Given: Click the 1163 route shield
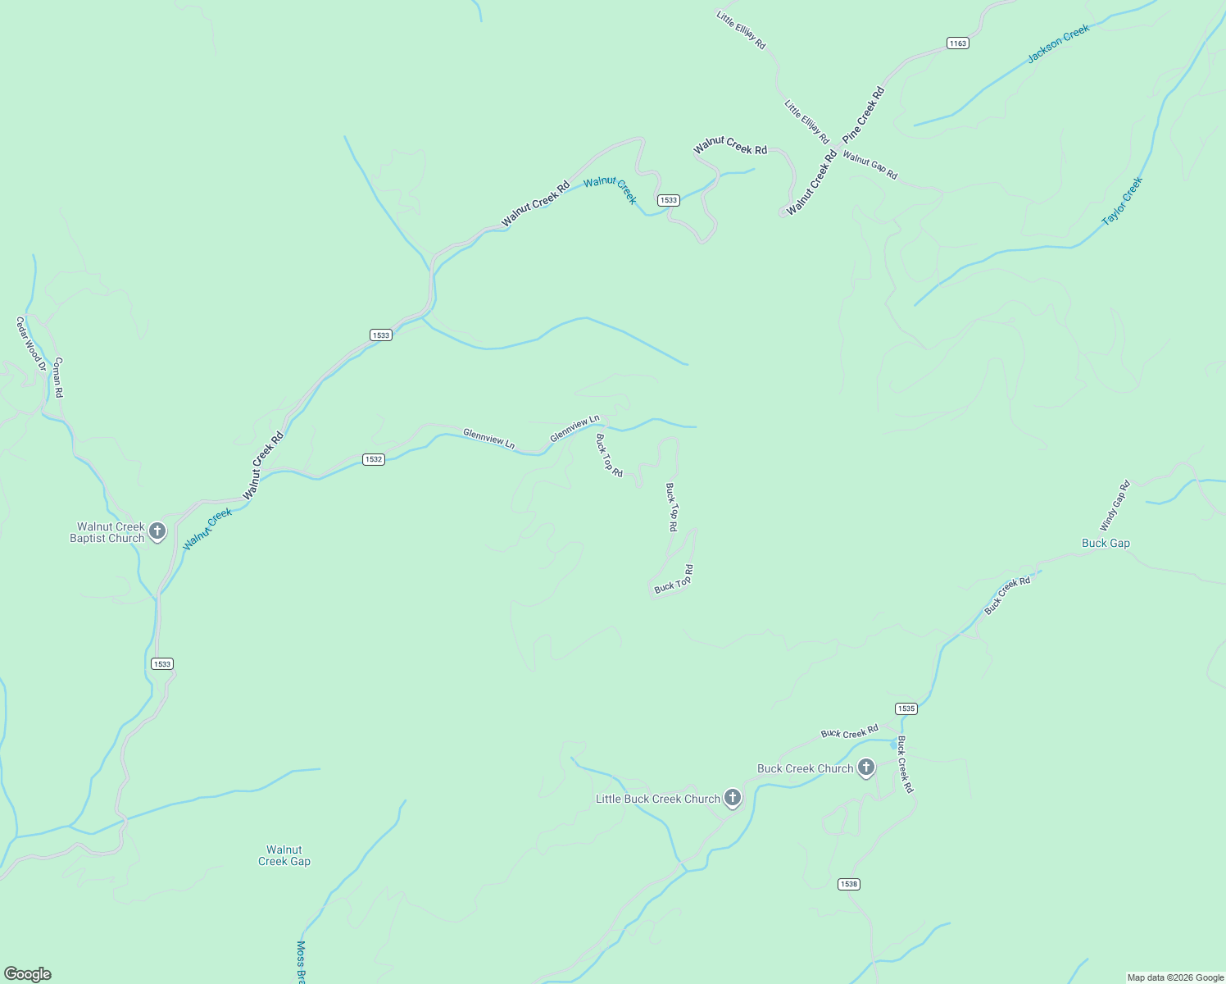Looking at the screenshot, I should click(x=957, y=43).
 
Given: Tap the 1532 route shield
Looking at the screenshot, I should click(x=373, y=459).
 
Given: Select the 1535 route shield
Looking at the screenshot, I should click(x=906, y=708).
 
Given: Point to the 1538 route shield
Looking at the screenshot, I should click(x=848, y=884).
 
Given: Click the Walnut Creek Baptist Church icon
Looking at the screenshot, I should click(x=157, y=531).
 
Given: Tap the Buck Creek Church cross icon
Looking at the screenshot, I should click(x=866, y=768).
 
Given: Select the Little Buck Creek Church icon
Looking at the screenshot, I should click(x=733, y=798).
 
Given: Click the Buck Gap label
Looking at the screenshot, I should click(x=1106, y=543).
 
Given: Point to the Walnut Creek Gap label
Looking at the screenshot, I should click(x=284, y=855).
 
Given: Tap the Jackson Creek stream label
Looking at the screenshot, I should click(x=1059, y=43).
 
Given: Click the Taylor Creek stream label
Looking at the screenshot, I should click(x=1122, y=202).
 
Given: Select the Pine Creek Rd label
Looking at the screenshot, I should click(x=864, y=115).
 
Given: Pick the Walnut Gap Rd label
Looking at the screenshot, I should click(x=870, y=166).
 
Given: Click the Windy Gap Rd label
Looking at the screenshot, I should click(x=1115, y=505).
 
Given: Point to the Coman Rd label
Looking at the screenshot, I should click(x=58, y=377).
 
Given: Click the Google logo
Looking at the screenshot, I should click(x=27, y=974).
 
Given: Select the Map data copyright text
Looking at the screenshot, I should click(x=1174, y=977).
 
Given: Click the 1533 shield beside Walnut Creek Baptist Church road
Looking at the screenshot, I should click(x=162, y=663).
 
